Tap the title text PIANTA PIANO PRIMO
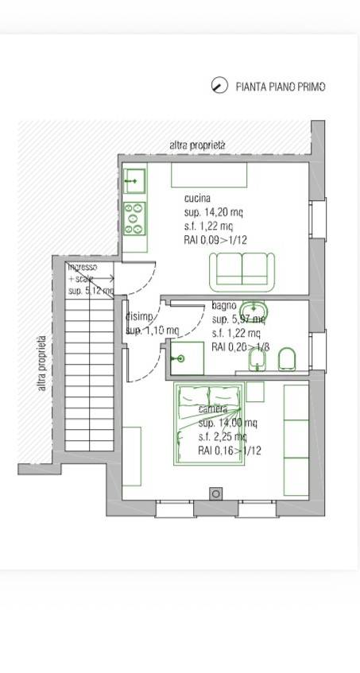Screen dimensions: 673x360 click(x=281, y=87)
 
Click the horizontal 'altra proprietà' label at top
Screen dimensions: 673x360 click(x=198, y=145)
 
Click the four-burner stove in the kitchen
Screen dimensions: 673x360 click(x=134, y=219)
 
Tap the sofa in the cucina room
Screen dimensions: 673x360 click(x=242, y=272)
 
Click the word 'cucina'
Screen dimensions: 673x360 click(x=197, y=198)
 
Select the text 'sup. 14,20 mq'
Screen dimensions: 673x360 click(x=214, y=212)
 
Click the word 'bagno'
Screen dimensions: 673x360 click(x=223, y=306)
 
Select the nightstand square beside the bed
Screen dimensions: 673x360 click(x=254, y=391)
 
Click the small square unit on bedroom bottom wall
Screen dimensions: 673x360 click(x=215, y=494)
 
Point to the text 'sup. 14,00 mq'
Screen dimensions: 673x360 click(x=227, y=423)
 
